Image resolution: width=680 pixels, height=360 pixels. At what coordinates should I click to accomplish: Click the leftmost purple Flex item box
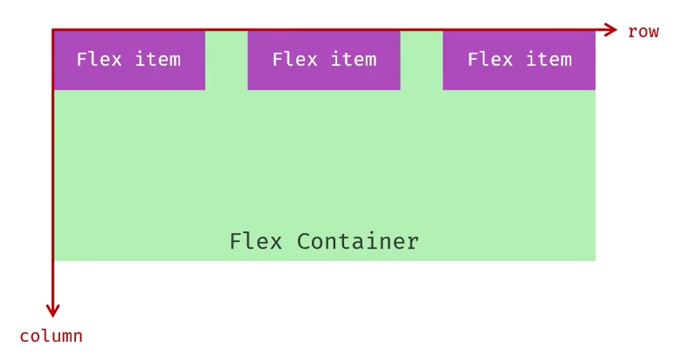pos(129,60)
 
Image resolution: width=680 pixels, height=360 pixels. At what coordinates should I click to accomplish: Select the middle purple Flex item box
pos(323,60)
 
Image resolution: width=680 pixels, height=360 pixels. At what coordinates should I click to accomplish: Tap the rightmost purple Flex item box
pos(519,60)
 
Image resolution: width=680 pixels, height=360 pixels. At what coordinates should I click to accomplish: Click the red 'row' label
pos(643,31)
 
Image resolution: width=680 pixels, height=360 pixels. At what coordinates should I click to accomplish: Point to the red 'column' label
pos(51,337)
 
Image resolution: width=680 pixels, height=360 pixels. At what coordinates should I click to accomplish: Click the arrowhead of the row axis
pos(611,29)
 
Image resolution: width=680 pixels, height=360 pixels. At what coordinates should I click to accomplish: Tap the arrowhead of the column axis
pos(53,311)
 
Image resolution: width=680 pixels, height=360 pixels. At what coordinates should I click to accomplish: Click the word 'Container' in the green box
pos(358,242)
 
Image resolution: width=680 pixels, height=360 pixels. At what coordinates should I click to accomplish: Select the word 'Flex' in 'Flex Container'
pos(255,242)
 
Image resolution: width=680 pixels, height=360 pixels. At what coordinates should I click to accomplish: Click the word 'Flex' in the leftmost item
pos(99,59)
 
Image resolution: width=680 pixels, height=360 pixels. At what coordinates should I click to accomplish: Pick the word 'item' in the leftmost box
pos(158,59)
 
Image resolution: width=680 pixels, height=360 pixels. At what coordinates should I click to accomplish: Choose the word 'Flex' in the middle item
pos(294,59)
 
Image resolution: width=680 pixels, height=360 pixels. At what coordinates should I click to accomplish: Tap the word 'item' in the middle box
pos(353,59)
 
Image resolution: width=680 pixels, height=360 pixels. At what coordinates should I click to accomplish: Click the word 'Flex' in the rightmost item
pos(489,59)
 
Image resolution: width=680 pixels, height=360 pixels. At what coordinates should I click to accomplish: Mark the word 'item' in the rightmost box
pos(549,59)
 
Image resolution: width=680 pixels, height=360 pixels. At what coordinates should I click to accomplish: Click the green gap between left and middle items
pos(226,60)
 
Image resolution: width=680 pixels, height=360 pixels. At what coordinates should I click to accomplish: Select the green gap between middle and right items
pos(422,60)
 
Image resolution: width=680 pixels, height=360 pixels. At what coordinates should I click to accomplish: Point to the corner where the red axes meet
pos(53,29)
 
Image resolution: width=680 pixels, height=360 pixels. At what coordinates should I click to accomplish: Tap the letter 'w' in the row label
pos(653,32)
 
